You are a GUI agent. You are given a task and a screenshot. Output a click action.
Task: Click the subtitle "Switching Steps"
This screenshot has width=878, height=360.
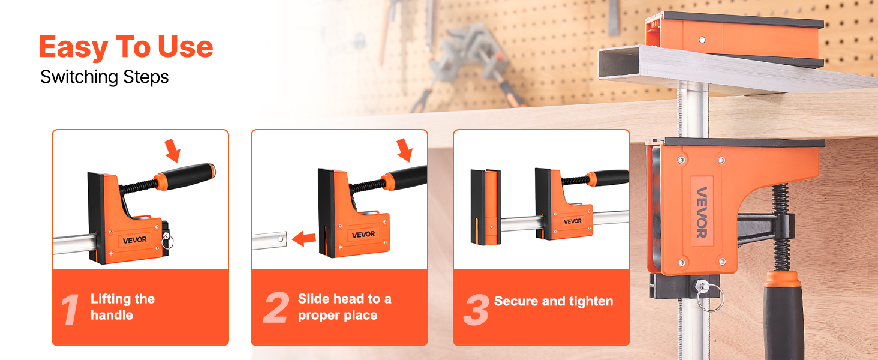pyautogui.click(x=104, y=77)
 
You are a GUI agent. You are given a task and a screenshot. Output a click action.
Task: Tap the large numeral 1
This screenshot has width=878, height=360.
pyautogui.click(x=71, y=310)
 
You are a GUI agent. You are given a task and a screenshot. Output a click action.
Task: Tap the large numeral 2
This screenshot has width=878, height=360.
pyautogui.click(x=276, y=307)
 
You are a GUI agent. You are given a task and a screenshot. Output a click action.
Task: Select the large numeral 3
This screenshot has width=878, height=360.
pyautogui.click(x=476, y=310)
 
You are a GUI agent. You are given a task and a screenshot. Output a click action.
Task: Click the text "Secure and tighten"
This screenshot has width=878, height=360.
pyautogui.click(x=554, y=301)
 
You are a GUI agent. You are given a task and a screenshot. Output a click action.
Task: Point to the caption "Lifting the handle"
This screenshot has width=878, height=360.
pyautogui.click(x=123, y=307)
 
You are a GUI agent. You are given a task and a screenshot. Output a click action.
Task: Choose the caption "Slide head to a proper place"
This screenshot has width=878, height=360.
pyautogui.click(x=344, y=307)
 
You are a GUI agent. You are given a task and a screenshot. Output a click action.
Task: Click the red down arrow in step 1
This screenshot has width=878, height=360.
pyautogui.click(x=173, y=150)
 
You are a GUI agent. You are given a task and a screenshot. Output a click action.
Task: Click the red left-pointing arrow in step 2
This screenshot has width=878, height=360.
pyautogui.click(x=304, y=238)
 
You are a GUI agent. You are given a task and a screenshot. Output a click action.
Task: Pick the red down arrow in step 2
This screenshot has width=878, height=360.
pyautogui.click(x=404, y=150)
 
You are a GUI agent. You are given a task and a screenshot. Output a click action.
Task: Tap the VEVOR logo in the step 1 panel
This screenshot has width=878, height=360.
pyautogui.click(x=134, y=240)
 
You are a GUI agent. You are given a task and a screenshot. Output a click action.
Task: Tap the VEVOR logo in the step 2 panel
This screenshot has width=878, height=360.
pyautogui.click(x=363, y=235)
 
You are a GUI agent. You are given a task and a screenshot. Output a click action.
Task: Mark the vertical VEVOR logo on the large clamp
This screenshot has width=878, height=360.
pyautogui.click(x=702, y=212)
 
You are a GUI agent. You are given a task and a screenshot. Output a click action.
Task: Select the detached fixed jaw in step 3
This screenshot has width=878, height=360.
pyautogui.click(x=486, y=206)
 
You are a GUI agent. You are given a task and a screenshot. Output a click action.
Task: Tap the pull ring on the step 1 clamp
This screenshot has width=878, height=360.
pyautogui.click(x=167, y=241)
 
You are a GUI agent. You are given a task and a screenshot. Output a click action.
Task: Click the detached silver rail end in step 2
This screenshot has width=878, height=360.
pyautogui.click(x=269, y=241)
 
